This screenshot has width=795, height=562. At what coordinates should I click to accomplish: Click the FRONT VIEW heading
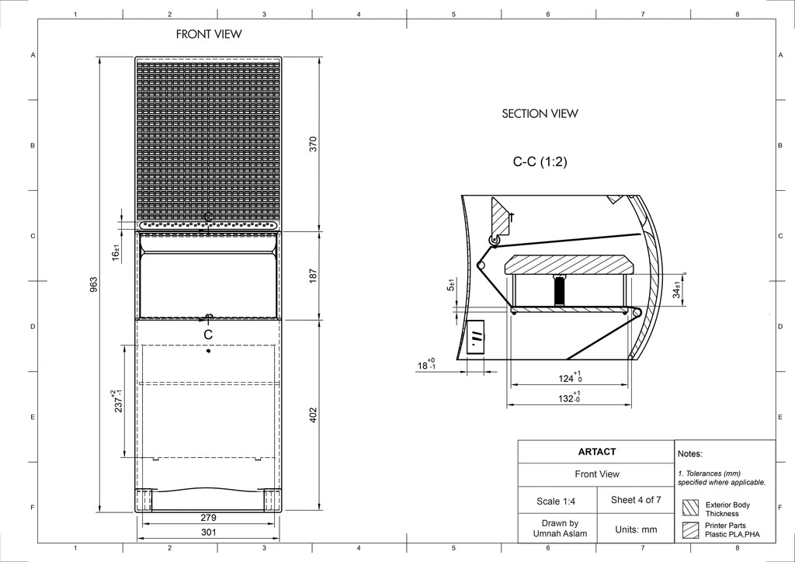[x=209, y=34]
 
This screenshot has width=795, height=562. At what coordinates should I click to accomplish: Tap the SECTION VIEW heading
[x=540, y=113]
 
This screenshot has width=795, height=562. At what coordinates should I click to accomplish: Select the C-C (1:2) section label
[x=540, y=161]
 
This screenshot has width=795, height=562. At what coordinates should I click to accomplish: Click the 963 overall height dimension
[x=93, y=284]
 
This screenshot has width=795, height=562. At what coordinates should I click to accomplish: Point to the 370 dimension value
[x=313, y=144]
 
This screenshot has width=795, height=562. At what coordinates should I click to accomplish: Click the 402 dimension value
[x=313, y=415]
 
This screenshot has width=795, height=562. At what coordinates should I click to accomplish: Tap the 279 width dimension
[x=208, y=518]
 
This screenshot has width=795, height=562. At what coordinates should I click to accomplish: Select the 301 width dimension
[x=208, y=532]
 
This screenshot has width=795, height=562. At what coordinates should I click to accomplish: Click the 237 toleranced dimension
[x=117, y=401]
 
